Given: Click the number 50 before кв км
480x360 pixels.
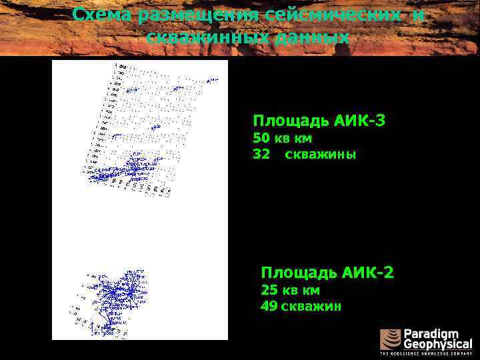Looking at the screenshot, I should coord(260,139).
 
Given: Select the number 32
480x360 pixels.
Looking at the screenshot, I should coord(261,155).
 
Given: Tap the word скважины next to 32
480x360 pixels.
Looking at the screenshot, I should coord(320,155).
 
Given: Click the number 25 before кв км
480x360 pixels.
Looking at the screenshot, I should coord(269,290).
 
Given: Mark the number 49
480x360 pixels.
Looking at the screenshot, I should coord(269,306).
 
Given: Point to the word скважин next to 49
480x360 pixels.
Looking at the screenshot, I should coord(311,306).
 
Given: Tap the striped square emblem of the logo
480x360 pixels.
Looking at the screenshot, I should coord(390,340).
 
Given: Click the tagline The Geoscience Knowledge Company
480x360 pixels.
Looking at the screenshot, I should coord(425,354).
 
